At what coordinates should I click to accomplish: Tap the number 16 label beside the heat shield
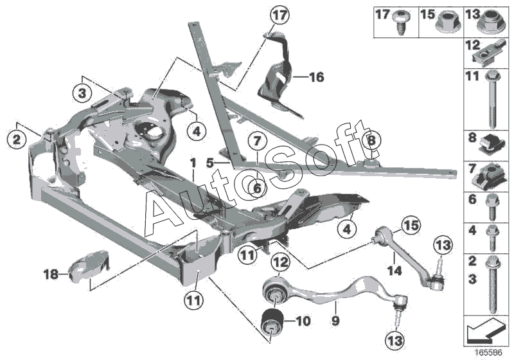coord(316,78)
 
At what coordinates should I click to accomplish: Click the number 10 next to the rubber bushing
coord(303,319)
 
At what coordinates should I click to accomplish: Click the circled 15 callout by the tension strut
coord(409,226)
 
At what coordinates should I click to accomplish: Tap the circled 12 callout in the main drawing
coord(279,262)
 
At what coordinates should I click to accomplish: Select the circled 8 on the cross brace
coord(371,139)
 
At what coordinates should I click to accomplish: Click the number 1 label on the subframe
coord(193,165)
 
